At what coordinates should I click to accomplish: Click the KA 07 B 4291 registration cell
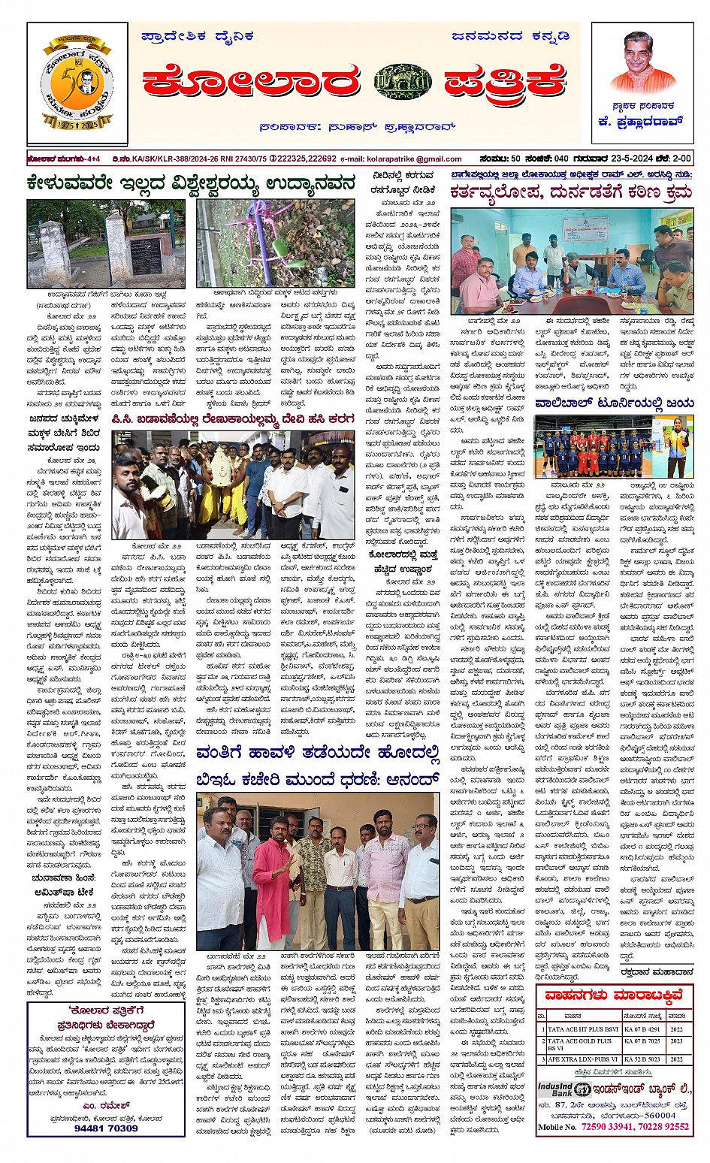coord(643,1029)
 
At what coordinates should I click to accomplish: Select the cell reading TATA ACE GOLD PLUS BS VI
coord(582,1044)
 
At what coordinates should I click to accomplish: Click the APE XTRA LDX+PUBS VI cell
coord(582,1059)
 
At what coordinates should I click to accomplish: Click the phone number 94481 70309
coord(106,1128)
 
